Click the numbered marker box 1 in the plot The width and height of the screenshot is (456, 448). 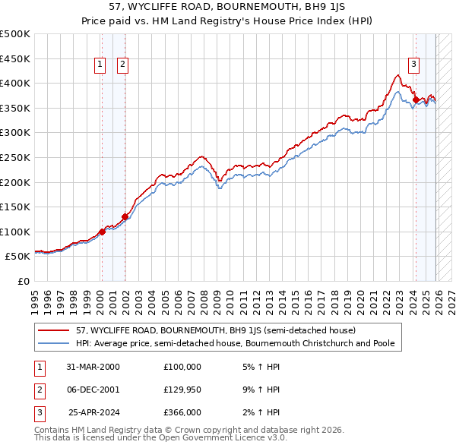pos(100,65)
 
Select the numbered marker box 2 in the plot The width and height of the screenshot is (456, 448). pos(122,65)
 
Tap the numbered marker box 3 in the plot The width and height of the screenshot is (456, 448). pos(413,65)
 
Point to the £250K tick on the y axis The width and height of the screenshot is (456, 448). pos(15,157)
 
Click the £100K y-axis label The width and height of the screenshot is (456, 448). pos(15,232)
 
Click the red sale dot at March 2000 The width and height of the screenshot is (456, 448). pos(102,232)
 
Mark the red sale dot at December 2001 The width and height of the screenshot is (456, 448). pos(125,217)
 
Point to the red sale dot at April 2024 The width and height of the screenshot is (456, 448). pos(416,99)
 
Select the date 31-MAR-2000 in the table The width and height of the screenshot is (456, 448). pos(93,367)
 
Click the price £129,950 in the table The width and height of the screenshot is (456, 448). pos(182,390)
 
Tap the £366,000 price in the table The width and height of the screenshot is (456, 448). pos(182,412)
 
